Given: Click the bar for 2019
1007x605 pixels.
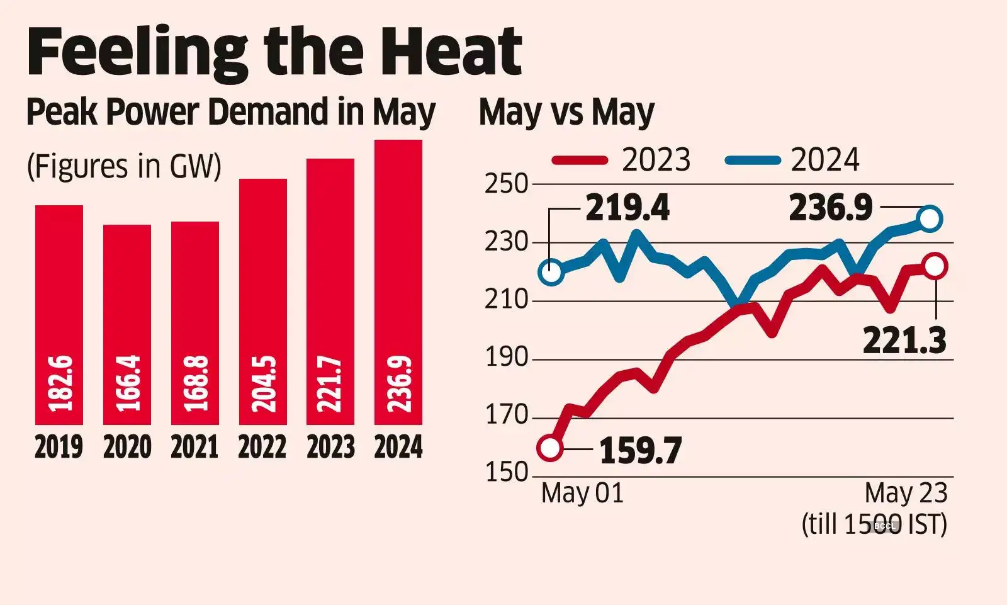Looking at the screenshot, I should point(59,315).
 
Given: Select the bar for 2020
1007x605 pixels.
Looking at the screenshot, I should point(127,324).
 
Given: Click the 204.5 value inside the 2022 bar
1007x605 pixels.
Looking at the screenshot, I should point(263,383).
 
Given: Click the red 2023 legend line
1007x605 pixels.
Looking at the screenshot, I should point(580,160).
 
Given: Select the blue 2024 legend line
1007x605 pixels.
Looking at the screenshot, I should point(753,160).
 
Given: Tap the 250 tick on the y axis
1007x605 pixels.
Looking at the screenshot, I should point(506,184).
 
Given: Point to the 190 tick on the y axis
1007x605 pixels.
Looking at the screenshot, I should point(506,358).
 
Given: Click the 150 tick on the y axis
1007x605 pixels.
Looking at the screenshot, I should point(506,472).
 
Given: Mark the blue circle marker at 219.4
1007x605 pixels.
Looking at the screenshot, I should point(551,273).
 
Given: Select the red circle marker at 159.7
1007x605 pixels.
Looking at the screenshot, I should point(550,448).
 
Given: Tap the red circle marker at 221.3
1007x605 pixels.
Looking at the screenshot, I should point(935,266).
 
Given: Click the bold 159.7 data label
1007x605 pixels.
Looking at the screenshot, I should point(640,451).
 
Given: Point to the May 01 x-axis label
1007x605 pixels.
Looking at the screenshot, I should point(582,493).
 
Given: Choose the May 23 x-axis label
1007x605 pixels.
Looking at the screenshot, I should point(906,493).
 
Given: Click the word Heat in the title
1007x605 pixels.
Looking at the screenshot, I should point(451,52).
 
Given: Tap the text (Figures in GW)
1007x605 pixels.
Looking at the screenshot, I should point(124,167).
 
